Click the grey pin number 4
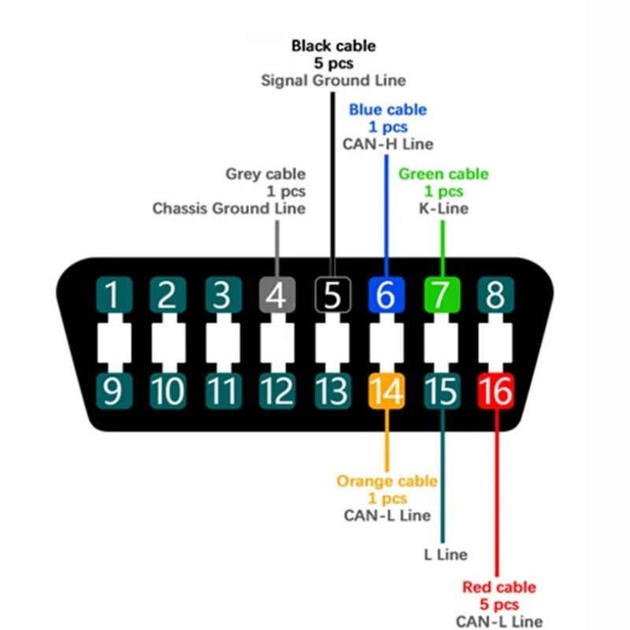click(x=276, y=297)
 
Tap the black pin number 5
click(x=332, y=297)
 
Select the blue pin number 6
click(x=386, y=297)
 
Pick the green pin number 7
click(x=441, y=297)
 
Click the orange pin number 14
click(x=386, y=391)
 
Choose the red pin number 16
click(x=496, y=391)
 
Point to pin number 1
click(x=113, y=297)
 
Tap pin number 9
click(x=113, y=391)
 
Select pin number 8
click(x=495, y=297)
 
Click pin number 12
click(x=276, y=391)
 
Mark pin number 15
click(x=441, y=391)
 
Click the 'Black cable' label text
click(x=333, y=46)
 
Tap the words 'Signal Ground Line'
click(x=333, y=80)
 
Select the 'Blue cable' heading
click(x=387, y=109)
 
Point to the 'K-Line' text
click(x=443, y=209)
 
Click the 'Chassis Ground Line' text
click(x=228, y=209)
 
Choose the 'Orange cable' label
click(x=387, y=481)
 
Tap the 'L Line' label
click(x=445, y=554)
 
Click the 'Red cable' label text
click(x=498, y=587)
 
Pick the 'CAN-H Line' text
click(x=387, y=144)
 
